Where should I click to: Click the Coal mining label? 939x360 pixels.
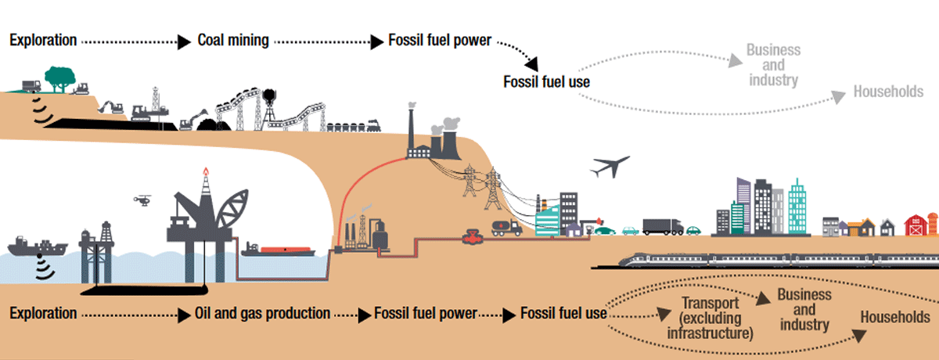click(x=232, y=40)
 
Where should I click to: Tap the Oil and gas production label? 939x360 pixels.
click(x=262, y=314)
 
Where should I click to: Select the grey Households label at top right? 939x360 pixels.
click(x=888, y=92)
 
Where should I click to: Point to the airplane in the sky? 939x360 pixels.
click(x=610, y=167)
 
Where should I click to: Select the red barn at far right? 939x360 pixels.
click(x=915, y=225)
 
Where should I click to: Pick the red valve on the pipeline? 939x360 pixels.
click(x=471, y=235)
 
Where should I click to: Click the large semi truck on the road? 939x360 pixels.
click(x=662, y=227)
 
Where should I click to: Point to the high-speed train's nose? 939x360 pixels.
click(x=603, y=261)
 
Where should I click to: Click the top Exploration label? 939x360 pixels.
click(x=42, y=40)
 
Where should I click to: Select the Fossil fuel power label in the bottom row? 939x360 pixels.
click(x=425, y=314)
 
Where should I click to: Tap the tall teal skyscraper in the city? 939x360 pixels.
click(x=797, y=206)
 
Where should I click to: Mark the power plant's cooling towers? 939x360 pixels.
click(x=445, y=140)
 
